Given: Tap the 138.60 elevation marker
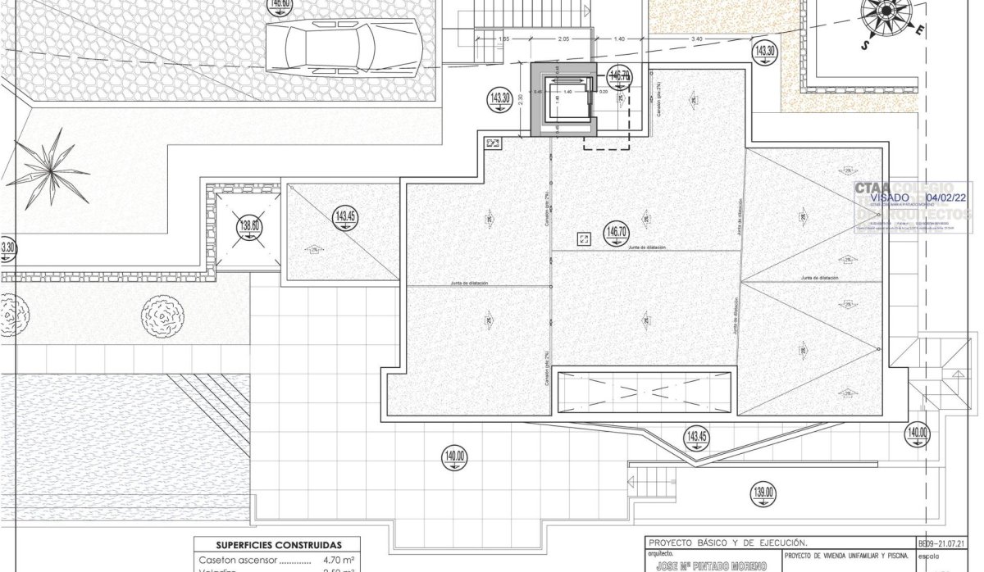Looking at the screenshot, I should coord(249,227).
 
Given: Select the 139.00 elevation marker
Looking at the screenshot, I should coord(763,493).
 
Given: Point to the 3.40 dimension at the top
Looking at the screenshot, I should coord(697,39).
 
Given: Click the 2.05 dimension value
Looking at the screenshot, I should coord(563,39).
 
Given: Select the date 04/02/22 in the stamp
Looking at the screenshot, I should coord(945,198).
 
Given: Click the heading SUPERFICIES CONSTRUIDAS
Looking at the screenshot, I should coord(278,545).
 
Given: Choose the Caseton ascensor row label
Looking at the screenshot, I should coord(239,561).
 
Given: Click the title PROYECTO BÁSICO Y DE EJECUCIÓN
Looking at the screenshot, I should coord(727,542).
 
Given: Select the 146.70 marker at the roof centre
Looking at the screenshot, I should coord(615,232).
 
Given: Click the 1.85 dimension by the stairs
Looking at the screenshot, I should coord(503,39).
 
